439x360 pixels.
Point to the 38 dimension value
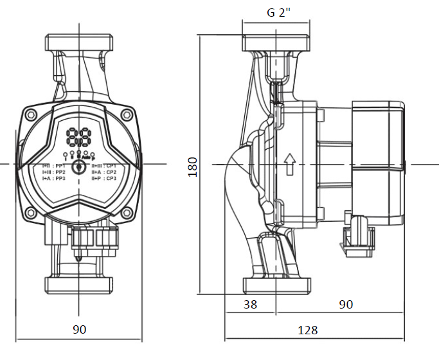pos(250,304)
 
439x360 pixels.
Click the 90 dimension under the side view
pos(346,304)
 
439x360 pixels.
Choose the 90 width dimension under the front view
pos(79,330)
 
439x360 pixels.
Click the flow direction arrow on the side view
pos(289,164)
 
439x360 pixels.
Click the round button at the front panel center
pos(79,165)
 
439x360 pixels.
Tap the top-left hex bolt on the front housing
pos(31,116)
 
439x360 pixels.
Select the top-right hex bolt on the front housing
pos(127,116)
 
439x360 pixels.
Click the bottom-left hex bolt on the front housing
pos(31,213)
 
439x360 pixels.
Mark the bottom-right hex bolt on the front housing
pos(127,213)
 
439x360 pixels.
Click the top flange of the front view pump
pos(79,43)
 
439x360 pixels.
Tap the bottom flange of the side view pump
pos(277,285)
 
